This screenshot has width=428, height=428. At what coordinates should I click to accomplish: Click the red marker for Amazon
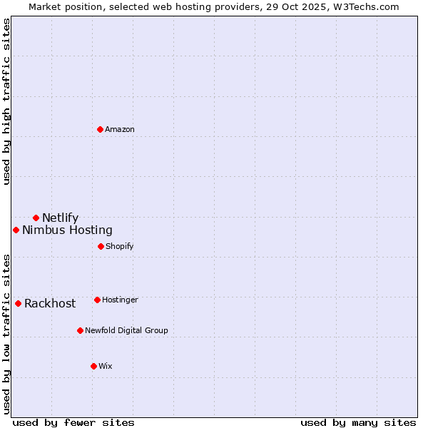(x=100, y=129)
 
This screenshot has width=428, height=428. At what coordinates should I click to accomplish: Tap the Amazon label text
(x=120, y=130)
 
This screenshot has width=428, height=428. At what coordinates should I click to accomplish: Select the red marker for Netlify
(x=36, y=218)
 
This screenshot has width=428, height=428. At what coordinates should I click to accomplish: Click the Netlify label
(x=60, y=218)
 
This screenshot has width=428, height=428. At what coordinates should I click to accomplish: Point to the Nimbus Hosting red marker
(x=16, y=230)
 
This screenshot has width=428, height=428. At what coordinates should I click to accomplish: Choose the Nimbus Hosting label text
(x=67, y=230)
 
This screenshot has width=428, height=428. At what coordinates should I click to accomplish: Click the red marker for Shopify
(x=101, y=246)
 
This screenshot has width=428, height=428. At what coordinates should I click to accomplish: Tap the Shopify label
(x=119, y=247)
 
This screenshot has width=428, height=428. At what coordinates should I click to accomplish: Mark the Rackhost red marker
(x=18, y=303)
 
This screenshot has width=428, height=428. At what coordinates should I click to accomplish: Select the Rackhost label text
(x=50, y=304)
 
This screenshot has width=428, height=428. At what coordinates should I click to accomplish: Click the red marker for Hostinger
(x=97, y=300)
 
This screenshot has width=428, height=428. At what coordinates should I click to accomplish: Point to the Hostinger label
(x=120, y=300)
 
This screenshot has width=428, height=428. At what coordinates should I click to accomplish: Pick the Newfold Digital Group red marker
(x=80, y=330)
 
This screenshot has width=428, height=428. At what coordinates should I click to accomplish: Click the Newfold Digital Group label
(x=126, y=331)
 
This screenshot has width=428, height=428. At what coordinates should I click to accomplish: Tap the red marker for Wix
(x=93, y=366)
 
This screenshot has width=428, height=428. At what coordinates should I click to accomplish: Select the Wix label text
(x=106, y=367)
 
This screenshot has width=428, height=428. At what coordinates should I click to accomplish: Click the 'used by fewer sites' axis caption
(x=73, y=422)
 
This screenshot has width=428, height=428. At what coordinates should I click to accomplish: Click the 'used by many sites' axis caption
(x=358, y=422)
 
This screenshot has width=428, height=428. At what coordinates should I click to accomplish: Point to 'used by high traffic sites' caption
(x=7, y=101)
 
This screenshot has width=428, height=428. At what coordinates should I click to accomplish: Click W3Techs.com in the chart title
(x=364, y=6)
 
